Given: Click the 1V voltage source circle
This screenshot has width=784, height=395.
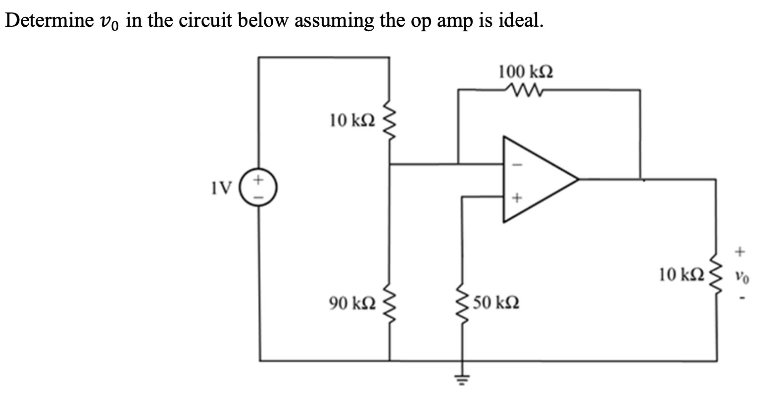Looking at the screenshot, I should (259, 188).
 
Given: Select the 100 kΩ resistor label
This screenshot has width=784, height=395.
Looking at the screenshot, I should (525, 72).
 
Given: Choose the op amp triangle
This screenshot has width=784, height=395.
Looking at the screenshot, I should (535, 179).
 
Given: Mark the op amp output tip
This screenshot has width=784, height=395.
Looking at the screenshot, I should (578, 179).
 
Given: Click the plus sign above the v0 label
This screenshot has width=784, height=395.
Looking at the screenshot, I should (740, 252).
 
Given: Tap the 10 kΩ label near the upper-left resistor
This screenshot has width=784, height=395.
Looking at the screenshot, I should (352, 120).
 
